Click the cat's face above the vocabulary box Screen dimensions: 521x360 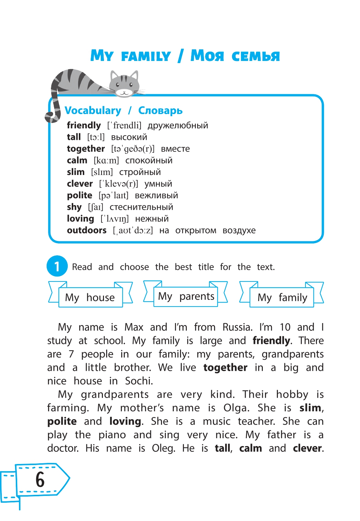tap(124, 85)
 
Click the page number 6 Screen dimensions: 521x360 tap(40, 480)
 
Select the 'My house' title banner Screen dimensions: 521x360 tap(90, 297)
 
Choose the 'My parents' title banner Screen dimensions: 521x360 tap(186, 296)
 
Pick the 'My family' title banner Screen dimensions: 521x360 tap(282, 297)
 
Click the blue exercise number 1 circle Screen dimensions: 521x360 tap(57, 266)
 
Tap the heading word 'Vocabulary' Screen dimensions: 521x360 tap(93, 110)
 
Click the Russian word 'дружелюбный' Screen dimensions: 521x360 tap(178, 125)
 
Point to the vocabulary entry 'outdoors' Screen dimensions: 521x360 tap(87, 230)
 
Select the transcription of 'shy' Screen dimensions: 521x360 tap(96, 207)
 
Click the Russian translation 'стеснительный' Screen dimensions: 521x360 tap(141, 207)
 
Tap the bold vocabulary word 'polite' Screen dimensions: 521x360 tap(80, 195)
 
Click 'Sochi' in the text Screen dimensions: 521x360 tap(139, 381)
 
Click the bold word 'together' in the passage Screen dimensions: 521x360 tap(225, 368)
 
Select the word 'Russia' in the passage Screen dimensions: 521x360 tap(237, 327)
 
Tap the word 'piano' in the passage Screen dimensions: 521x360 tap(112, 435)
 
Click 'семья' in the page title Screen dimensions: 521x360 tap(255, 56)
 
